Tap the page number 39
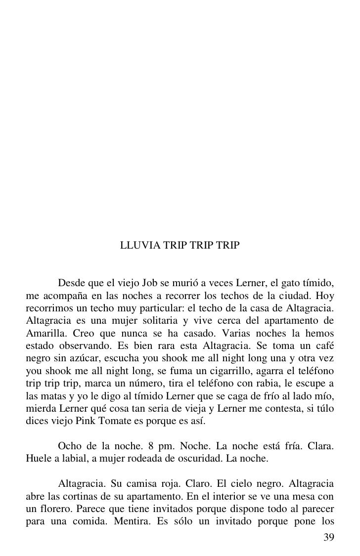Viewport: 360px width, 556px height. pyautogui.click(x=328, y=538)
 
